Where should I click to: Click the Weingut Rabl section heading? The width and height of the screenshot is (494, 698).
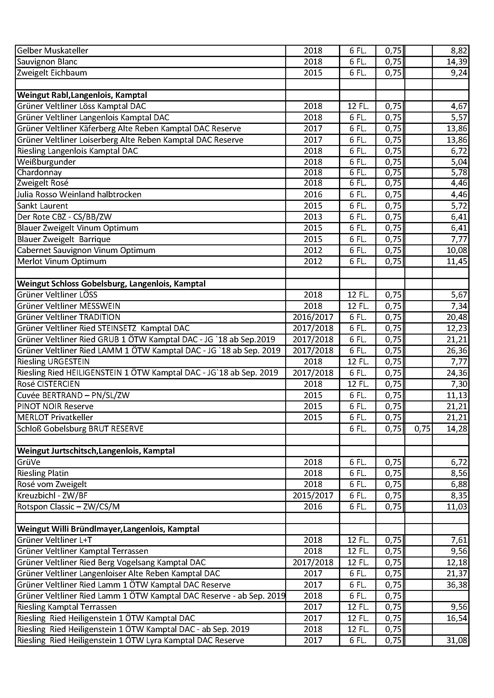(x=82, y=95)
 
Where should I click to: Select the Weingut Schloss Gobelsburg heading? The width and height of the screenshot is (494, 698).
(x=111, y=283)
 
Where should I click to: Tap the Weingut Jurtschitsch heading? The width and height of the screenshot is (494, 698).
(x=96, y=451)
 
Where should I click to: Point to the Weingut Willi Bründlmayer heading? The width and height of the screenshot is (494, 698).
(x=108, y=529)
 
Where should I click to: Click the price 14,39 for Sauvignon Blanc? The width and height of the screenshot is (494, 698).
(x=457, y=62)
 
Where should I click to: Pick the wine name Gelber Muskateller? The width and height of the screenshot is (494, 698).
(x=53, y=50)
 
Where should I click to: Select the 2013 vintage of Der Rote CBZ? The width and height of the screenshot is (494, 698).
(x=313, y=217)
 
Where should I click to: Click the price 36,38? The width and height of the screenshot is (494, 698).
(x=457, y=585)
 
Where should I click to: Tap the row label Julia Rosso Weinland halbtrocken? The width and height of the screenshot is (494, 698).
(x=79, y=194)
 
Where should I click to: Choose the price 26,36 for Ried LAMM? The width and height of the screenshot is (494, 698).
(x=457, y=351)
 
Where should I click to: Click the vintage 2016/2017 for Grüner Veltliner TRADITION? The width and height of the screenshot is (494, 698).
(x=313, y=317)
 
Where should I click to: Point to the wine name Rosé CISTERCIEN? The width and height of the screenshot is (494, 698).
(x=48, y=384)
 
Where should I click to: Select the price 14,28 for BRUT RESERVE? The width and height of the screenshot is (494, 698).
(x=457, y=429)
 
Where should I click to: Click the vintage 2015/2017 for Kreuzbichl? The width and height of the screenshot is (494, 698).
(x=313, y=496)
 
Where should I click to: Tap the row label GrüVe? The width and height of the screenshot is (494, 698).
(x=29, y=462)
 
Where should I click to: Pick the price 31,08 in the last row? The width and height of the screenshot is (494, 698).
(x=457, y=640)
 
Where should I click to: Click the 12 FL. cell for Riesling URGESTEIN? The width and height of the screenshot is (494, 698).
(x=358, y=361)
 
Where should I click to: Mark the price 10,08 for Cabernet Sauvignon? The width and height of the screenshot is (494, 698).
(x=457, y=250)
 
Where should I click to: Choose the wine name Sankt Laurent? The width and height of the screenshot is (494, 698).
(x=43, y=206)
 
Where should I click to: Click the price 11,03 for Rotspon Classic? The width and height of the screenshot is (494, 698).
(x=457, y=507)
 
